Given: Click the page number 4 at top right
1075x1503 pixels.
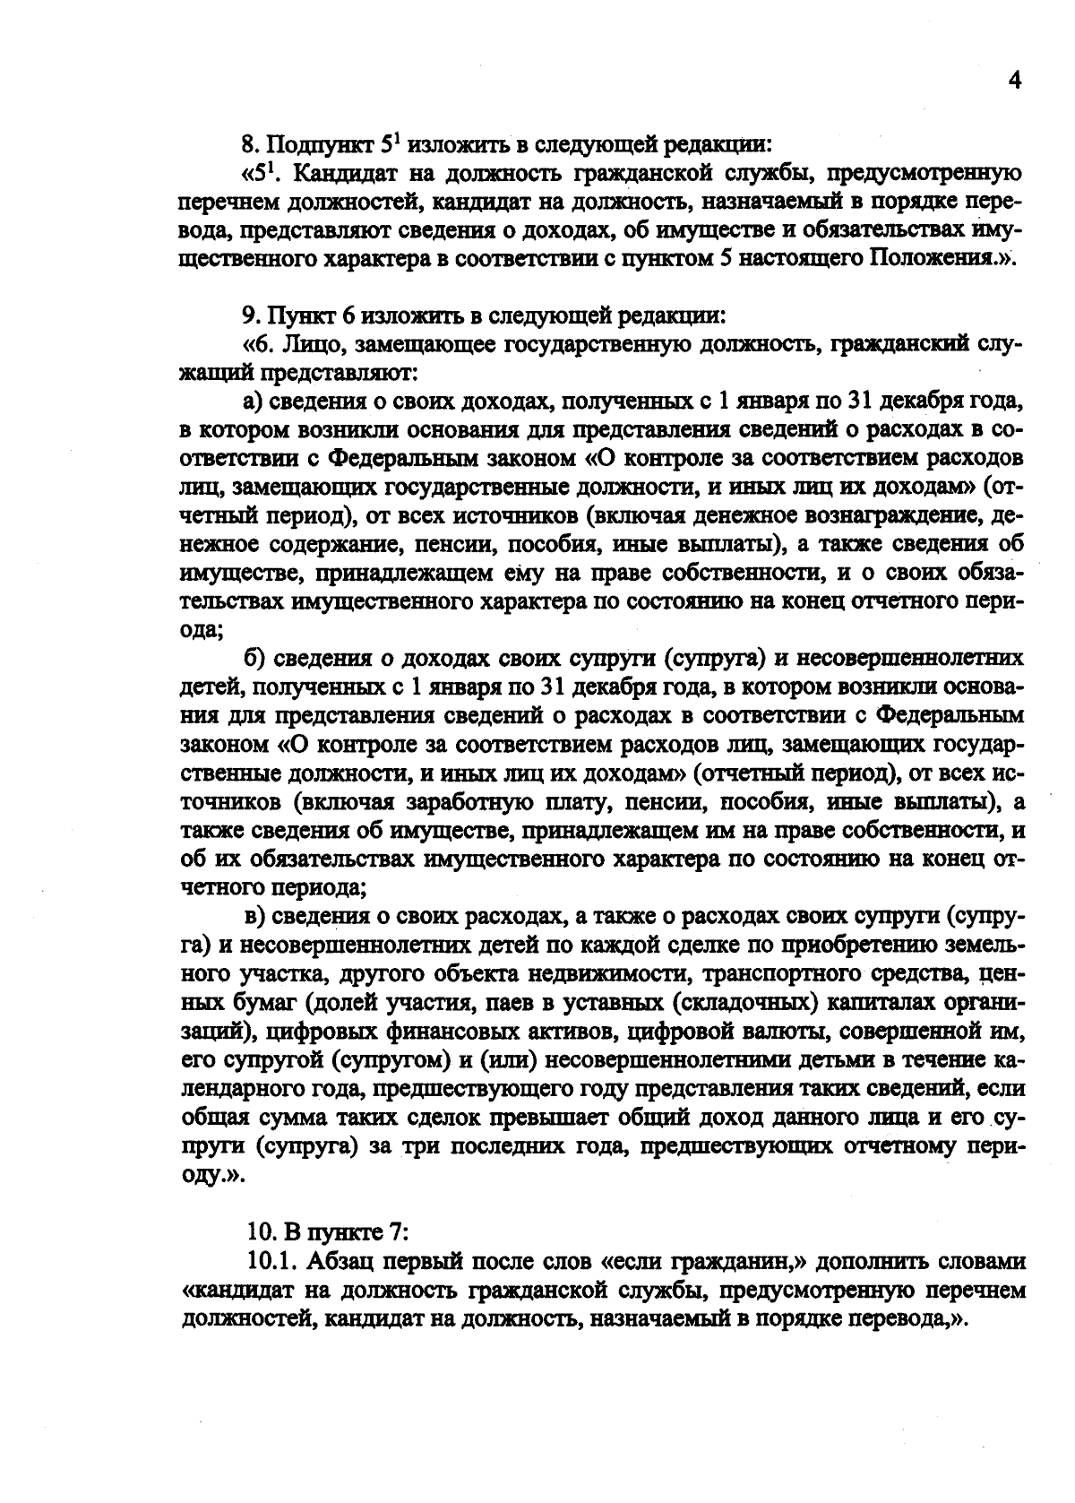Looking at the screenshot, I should [x=1015, y=81].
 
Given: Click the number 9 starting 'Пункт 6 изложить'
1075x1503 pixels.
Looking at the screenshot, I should [x=249, y=316].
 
